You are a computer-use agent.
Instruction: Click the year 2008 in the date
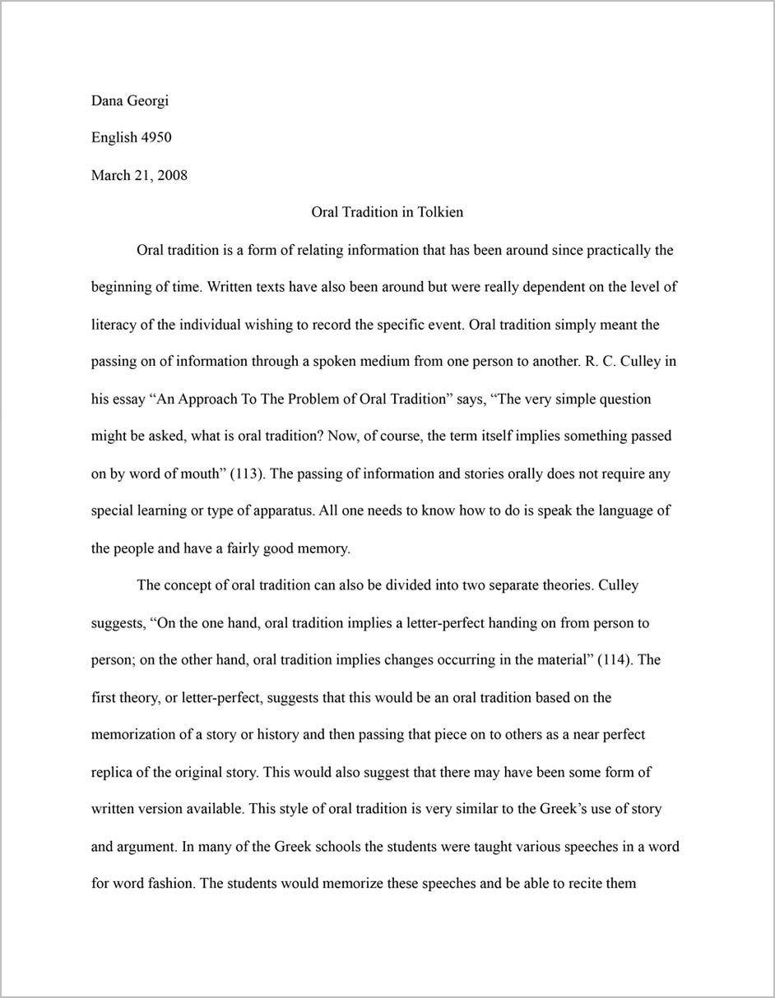coord(170,175)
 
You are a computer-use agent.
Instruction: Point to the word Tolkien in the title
coord(440,212)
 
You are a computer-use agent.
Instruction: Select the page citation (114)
coord(617,660)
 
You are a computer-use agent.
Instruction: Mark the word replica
coord(114,773)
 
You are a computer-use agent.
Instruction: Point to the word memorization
coord(135,735)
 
